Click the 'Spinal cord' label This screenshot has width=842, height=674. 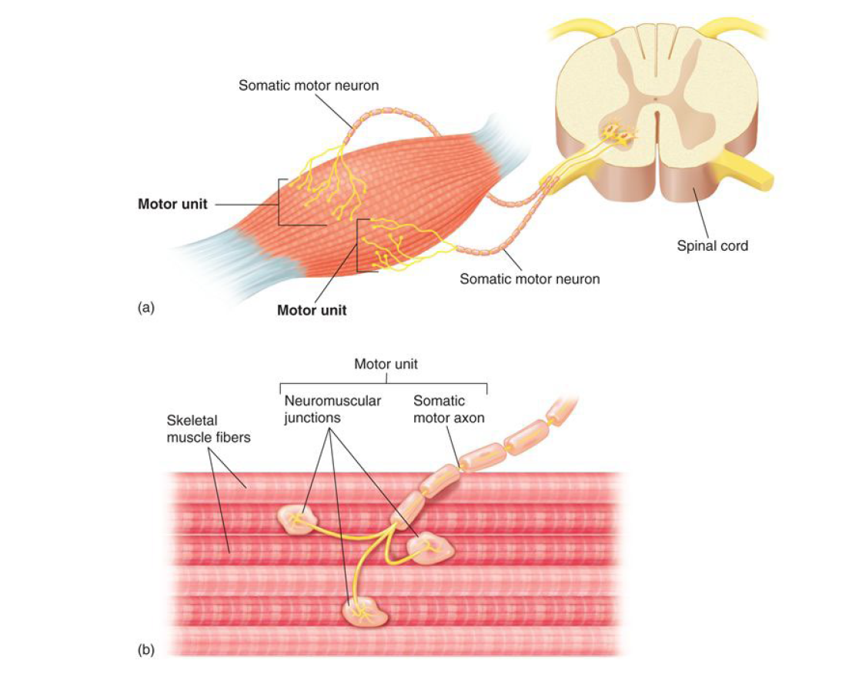(x=712, y=246)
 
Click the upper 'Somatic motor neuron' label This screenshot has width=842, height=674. (x=308, y=85)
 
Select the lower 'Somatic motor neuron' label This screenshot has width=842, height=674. (x=530, y=279)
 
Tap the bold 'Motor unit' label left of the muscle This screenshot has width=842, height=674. (x=172, y=205)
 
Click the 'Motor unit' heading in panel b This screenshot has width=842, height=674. (x=386, y=363)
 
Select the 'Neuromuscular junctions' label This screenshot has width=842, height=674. (x=332, y=409)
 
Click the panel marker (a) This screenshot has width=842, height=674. (x=146, y=307)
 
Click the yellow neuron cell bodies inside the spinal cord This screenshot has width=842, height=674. (x=621, y=135)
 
